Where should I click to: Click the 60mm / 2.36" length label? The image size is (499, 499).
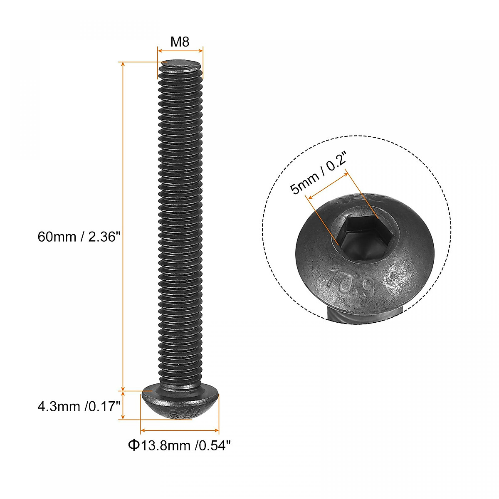tap(79, 237)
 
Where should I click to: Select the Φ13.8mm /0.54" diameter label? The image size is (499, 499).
tap(179, 446)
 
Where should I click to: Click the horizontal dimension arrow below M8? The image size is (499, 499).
tap(180, 51)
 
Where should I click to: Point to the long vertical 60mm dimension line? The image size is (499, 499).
tap(123, 227)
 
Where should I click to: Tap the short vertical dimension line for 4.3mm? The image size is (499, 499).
tap(123, 405)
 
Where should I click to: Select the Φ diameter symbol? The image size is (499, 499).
tap(133, 446)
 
